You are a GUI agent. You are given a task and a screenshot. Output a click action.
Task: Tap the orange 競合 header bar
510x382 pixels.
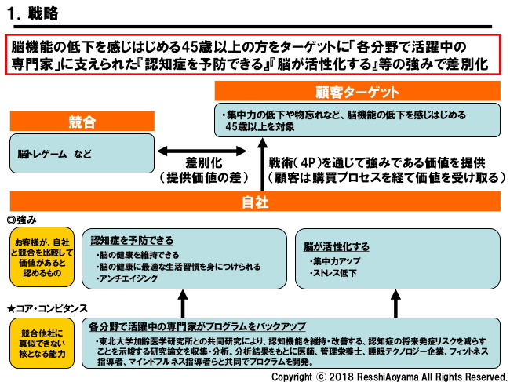(82, 122)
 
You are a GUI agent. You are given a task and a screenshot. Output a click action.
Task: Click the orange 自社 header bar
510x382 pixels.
(256, 202)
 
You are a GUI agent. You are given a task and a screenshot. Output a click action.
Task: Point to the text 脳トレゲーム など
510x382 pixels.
(49, 155)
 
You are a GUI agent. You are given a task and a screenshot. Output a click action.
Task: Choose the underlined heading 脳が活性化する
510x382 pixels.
(339, 246)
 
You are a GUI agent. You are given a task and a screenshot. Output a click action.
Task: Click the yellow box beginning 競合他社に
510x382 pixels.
(42, 342)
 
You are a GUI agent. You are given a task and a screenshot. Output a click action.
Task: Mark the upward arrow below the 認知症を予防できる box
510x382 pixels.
(183, 302)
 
